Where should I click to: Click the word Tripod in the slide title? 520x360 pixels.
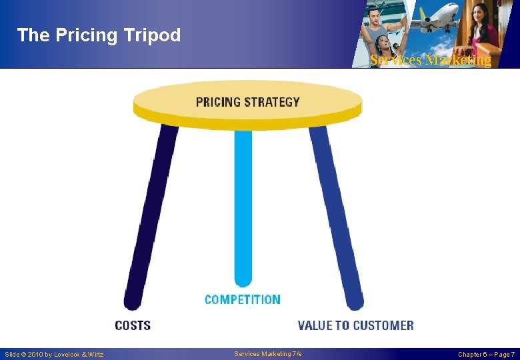(153, 35)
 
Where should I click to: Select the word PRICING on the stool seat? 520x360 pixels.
(218, 102)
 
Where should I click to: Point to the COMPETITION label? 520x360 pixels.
(243, 299)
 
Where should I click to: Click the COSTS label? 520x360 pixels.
(133, 325)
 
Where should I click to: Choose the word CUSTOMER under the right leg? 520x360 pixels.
(383, 325)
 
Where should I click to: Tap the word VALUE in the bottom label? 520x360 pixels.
(315, 325)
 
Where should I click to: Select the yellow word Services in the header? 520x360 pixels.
(396, 60)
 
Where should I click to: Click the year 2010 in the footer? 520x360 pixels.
(38, 354)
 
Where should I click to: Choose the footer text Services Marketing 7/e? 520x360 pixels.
(268, 353)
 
